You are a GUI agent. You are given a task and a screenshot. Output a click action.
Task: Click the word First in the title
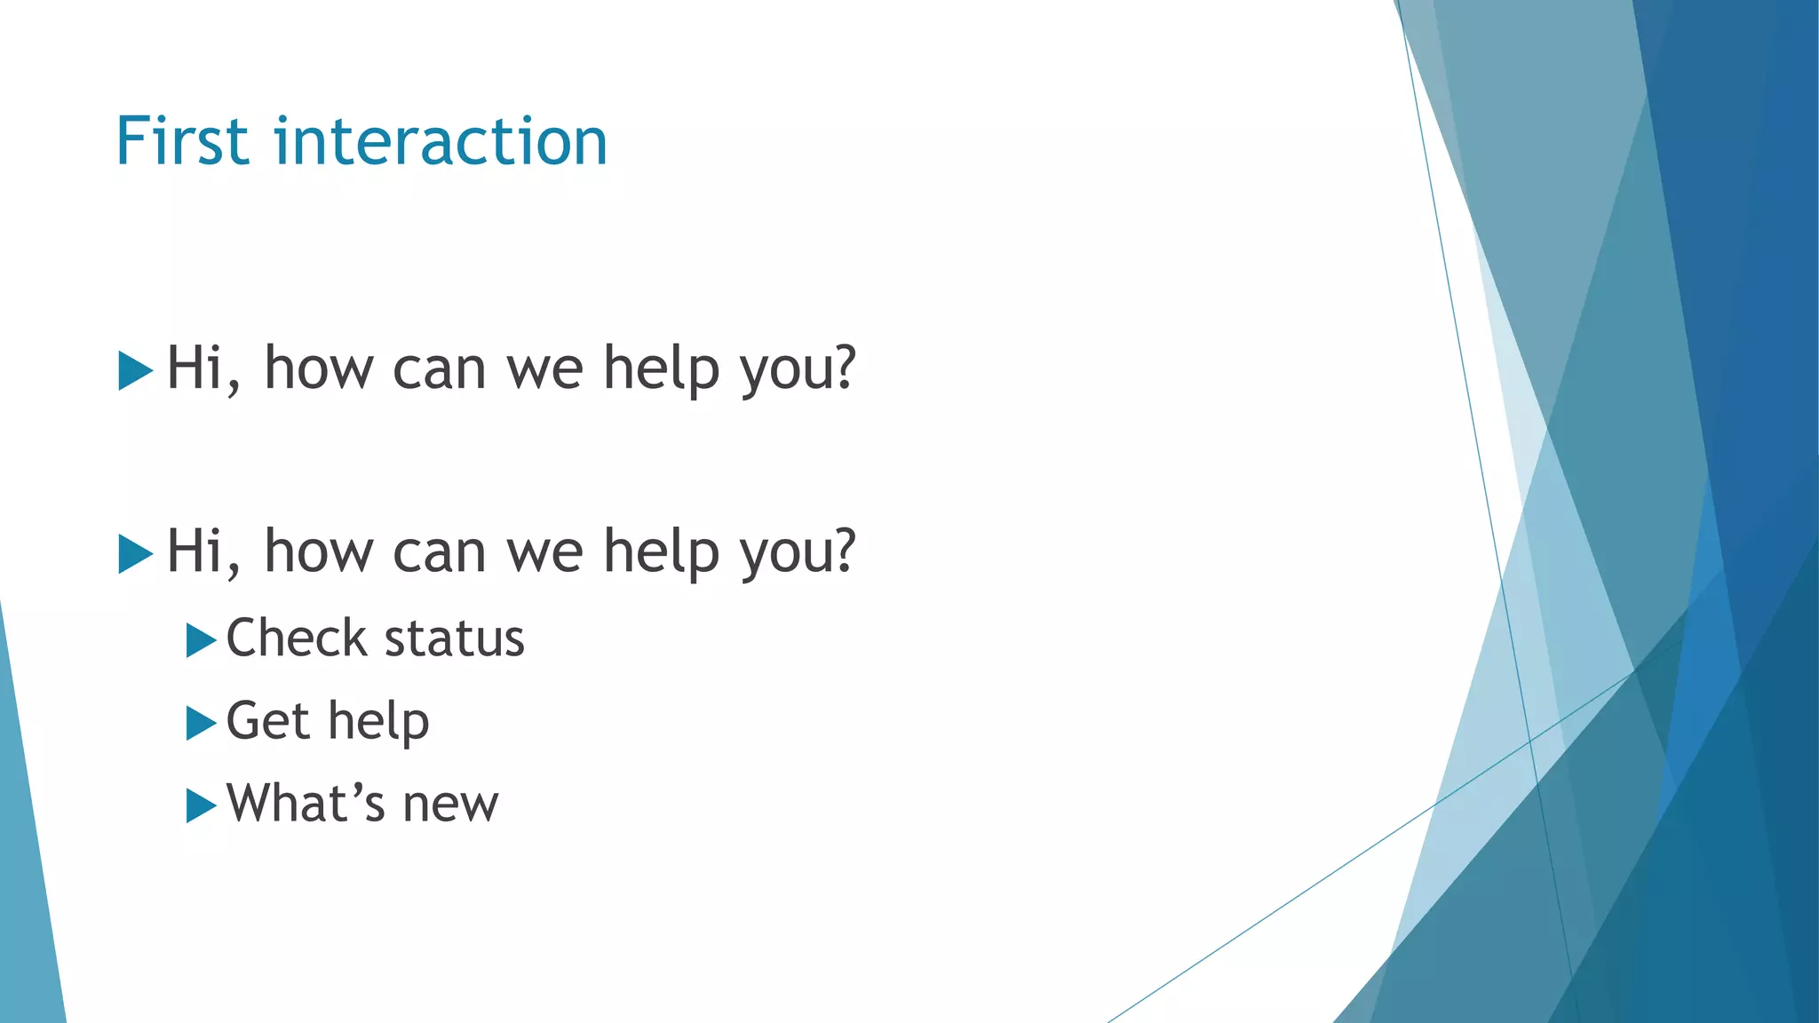pyautogui.click(x=181, y=142)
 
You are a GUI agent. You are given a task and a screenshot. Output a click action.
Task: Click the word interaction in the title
pyautogui.click(x=441, y=142)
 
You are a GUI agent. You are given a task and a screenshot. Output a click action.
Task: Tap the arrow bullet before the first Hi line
pyautogui.click(x=135, y=370)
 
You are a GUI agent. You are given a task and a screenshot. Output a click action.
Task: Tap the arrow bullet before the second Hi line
pyautogui.click(x=135, y=554)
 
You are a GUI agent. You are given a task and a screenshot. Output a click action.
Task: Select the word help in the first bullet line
pyautogui.click(x=661, y=369)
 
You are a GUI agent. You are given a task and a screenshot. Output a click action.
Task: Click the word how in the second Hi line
pyautogui.click(x=319, y=552)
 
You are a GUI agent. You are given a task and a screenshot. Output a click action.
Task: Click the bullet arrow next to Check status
pyautogui.click(x=201, y=640)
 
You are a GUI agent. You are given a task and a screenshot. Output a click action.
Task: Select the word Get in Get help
pyautogui.click(x=267, y=720)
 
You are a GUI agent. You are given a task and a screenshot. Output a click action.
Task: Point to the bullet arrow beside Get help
pyautogui.click(x=201, y=723)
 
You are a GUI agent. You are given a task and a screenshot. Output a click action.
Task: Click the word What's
pyautogui.click(x=306, y=804)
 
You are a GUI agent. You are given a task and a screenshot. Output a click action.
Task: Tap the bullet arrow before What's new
pyautogui.click(x=201, y=805)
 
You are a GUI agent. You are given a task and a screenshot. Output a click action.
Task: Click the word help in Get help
pyautogui.click(x=378, y=721)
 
